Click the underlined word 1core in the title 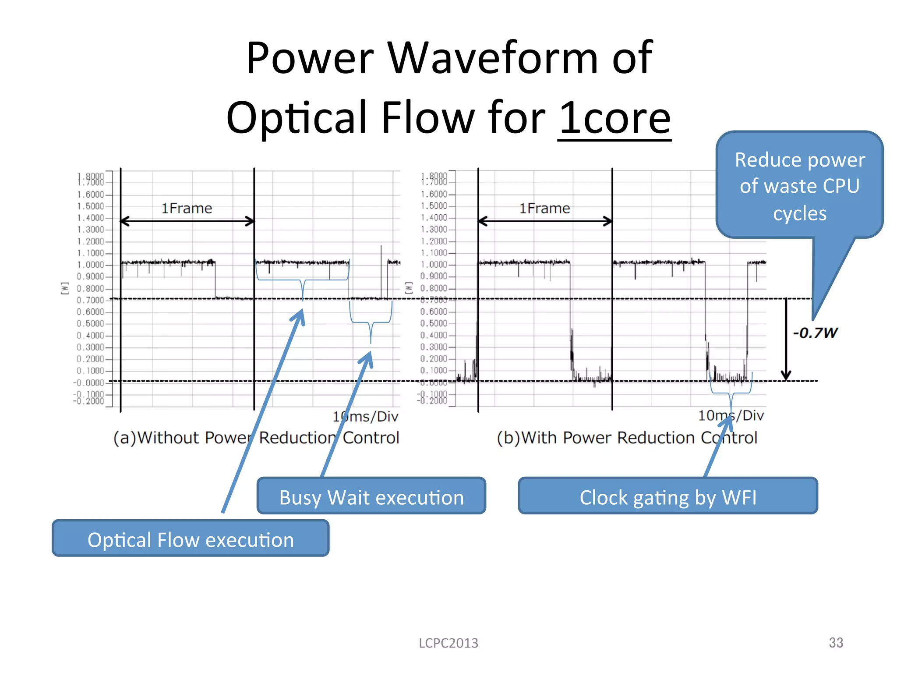pyautogui.click(x=614, y=118)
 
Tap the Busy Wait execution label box pyautogui.click(x=371, y=496)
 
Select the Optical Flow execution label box pyautogui.click(x=191, y=539)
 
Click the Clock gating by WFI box pyautogui.click(x=667, y=496)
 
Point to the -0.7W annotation pyautogui.click(x=815, y=333)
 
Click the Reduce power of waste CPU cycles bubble pyautogui.click(x=799, y=186)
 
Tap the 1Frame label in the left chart pyautogui.click(x=187, y=208)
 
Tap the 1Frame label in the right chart pyautogui.click(x=544, y=208)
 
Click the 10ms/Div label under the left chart pyautogui.click(x=365, y=416)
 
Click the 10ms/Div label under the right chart pyautogui.click(x=731, y=415)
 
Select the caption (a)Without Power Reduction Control pyautogui.click(x=256, y=438)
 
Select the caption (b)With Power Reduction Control pyautogui.click(x=627, y=438)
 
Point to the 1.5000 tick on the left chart pyautogui.click(x=91, y=206)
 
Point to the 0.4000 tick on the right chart pyautogui.click(x=434, y=335)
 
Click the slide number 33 pyautogui.click(x=836, y=642)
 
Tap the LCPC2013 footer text pyautogui.click(x=448, y=643)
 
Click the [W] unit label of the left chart pyautogui.click(x=65, y=288)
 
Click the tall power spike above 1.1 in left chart pyautogui.click(x=381, y=254)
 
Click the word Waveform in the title pyautogui.click(x=493, y=58)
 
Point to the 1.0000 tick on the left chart pyautogui.click(x=91, y=265)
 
